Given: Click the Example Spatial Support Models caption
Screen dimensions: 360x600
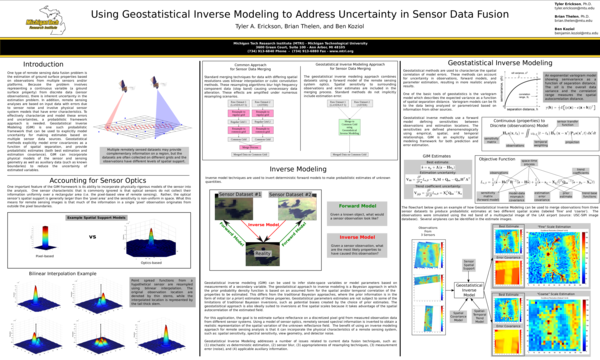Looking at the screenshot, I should click(x=96, y=217).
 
